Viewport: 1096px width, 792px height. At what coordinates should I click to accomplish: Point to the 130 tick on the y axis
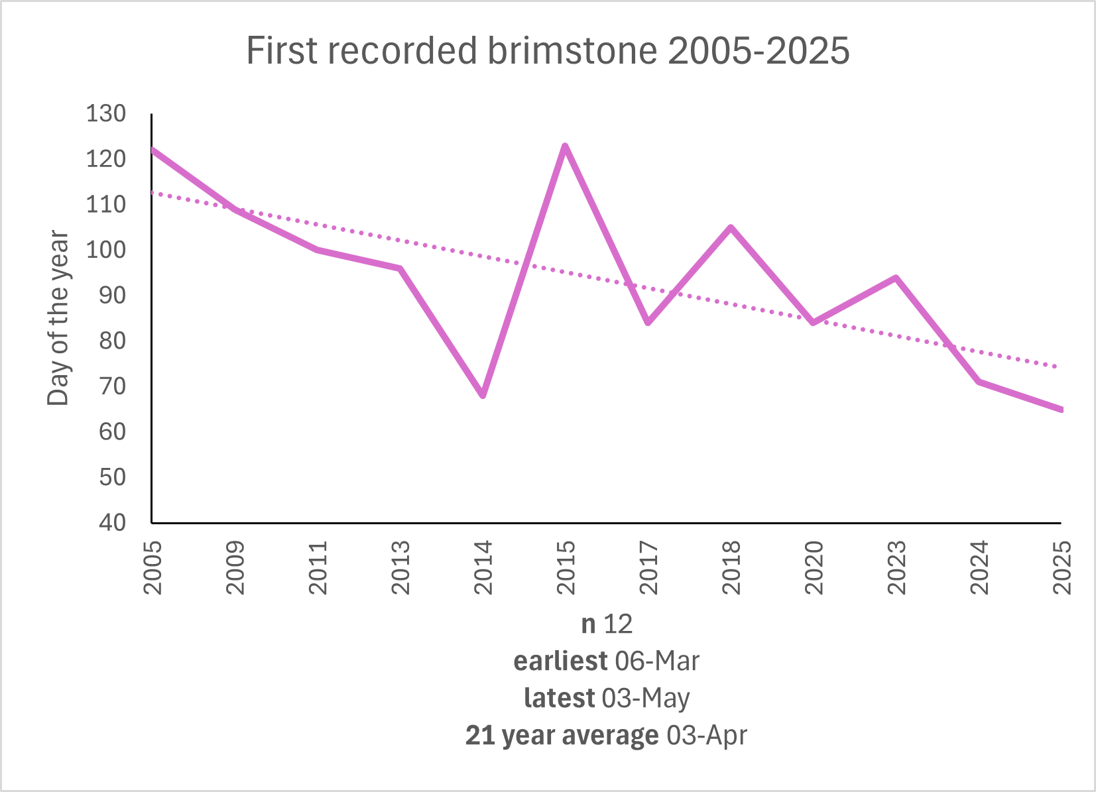106,114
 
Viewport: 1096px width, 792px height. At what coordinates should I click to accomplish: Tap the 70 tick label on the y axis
112,386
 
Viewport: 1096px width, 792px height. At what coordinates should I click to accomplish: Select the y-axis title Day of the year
58,318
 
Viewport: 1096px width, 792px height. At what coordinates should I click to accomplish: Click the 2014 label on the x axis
483,567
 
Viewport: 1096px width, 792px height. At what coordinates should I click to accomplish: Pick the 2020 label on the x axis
814,567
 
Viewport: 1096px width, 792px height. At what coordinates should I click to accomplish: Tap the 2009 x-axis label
235,567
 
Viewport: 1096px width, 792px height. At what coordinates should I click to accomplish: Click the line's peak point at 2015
565,146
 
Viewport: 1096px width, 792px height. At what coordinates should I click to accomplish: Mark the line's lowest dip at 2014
483,396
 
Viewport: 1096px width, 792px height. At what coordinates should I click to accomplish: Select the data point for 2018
731,227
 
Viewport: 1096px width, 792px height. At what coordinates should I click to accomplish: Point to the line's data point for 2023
896,278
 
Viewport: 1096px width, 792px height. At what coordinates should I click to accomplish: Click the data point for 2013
400,268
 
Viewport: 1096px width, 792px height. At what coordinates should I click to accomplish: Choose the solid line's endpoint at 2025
1061,410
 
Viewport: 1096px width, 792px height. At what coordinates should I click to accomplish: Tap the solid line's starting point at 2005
153,150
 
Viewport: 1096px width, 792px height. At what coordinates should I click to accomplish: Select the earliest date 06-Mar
657,661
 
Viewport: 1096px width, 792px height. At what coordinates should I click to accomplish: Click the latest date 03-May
646,698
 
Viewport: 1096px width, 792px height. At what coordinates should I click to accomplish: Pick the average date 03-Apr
707,735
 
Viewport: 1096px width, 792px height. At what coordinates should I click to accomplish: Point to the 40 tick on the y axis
112,523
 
